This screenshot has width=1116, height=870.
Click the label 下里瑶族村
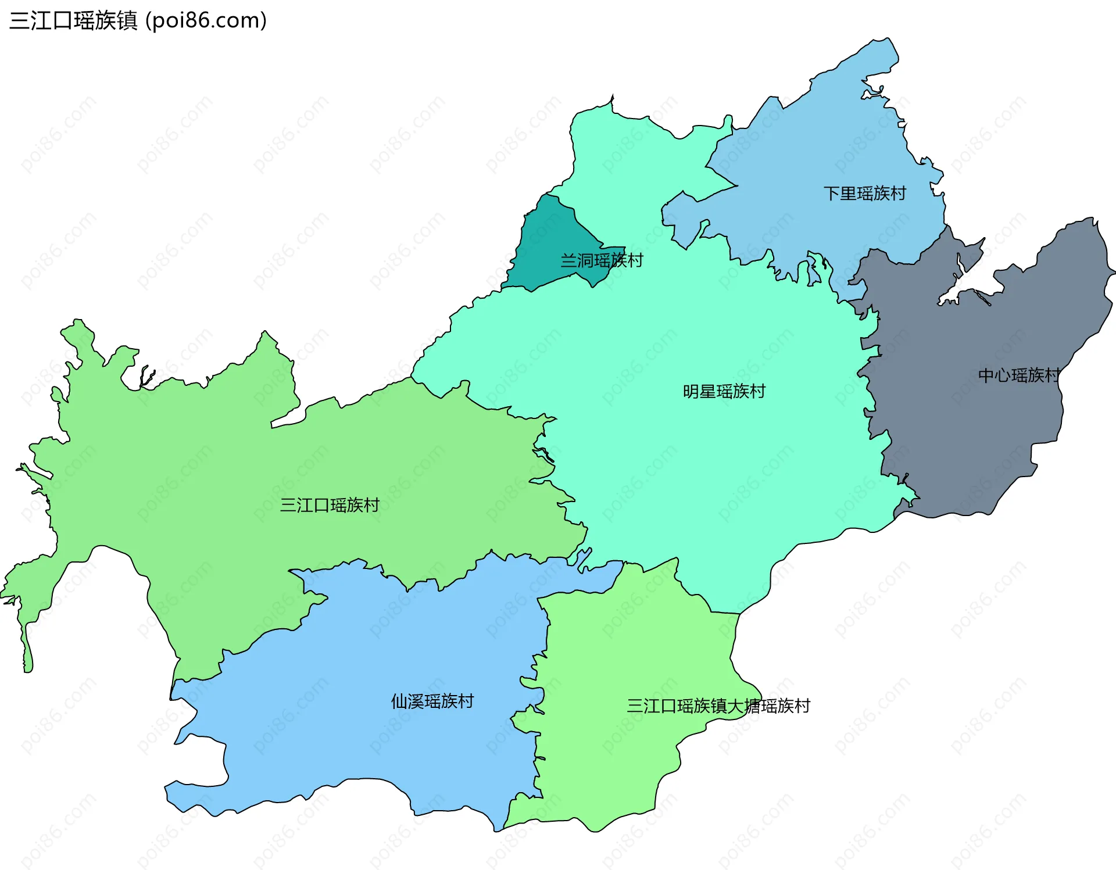coord(864,194)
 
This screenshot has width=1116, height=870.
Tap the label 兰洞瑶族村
coord(602,260)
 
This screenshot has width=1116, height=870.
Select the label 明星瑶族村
coord(724,392)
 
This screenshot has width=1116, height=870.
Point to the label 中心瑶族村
coord(1019,375)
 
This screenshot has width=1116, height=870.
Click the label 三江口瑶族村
coord(330,505)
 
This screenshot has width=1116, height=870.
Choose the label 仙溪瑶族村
coord(432,701)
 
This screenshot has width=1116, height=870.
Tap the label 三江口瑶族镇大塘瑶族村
coord(718,706)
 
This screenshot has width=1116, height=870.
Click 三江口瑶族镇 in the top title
coord(73,21)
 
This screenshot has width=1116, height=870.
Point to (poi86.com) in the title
coord(206,21)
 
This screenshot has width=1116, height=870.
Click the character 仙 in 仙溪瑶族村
coord(399,701)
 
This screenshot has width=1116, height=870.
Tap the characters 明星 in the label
coord(699,392)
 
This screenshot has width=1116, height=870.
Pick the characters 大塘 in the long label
coord(745,706)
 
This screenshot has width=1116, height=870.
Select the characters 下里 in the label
coord(840,194)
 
